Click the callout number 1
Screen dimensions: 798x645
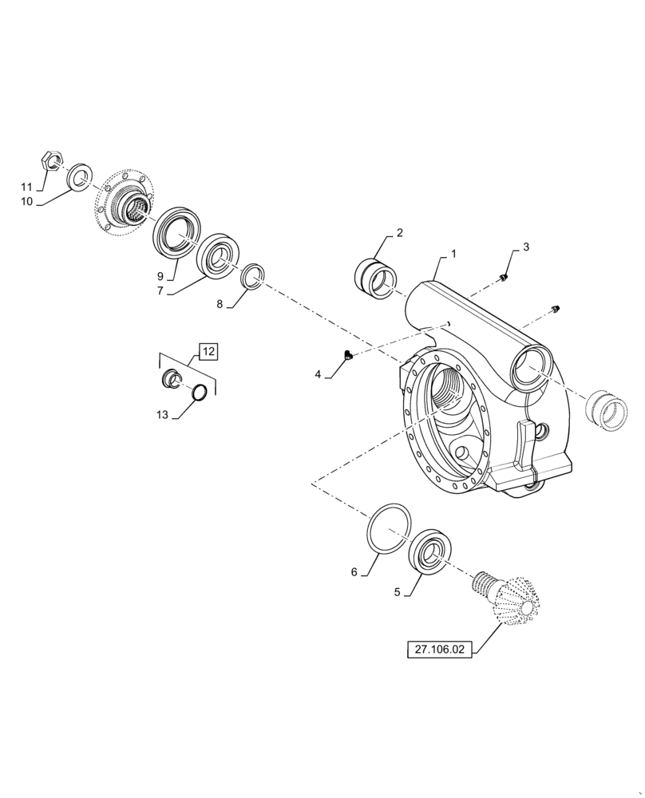pyautogui.click(x=453, y=254)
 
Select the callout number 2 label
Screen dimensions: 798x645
pyautogui.click(x=399, y=233)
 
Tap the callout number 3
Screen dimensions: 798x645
pyautogui.click(x=526, y=248)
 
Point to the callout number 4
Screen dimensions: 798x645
pyautogui.click(x=318, y=373)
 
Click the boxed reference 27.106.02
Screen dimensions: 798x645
pyautogui.click(x=439, y=650)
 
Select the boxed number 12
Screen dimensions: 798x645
pyautogui.click(x=208, y=351)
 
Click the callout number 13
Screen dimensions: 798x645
pyautogui.click(x=162, y=415)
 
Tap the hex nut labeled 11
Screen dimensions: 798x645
pyautogui.click(x=51, y=162)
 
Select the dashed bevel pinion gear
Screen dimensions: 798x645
pyautogui.click(x=506, y=603)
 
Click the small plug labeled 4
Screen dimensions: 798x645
pyautogui.click(x=346, y=355)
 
